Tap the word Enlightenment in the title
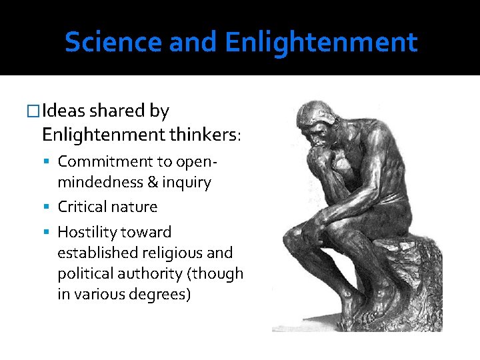pyautogui.click(x=321, y=43)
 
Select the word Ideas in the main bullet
pyautogui.click(x=67, y=111)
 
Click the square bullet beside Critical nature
pyautogui.click(x=51, y=207)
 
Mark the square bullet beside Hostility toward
pyautogui.click(x=51, y=233)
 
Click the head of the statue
pyautogui.click(x=315, y=123)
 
